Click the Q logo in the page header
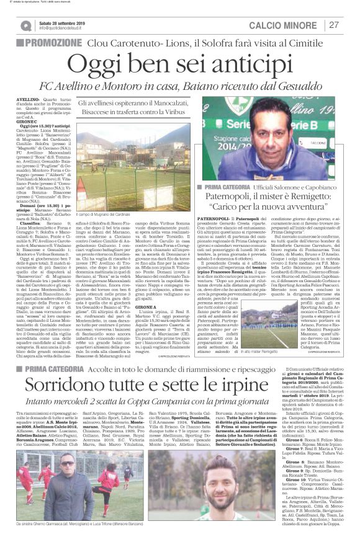click(x=26, y=25)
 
